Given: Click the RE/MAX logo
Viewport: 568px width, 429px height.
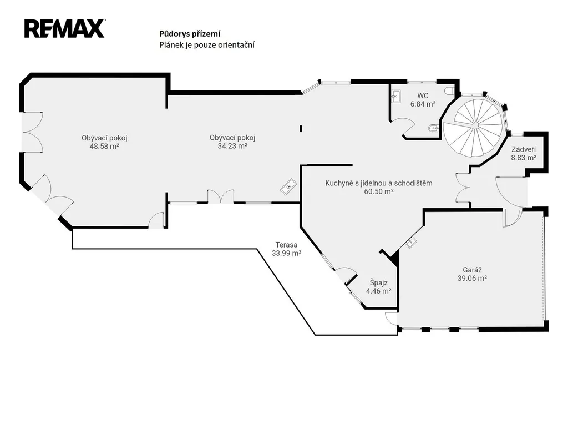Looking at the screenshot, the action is pos(65,29).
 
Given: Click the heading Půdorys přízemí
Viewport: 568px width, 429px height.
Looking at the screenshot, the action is pos(190,34).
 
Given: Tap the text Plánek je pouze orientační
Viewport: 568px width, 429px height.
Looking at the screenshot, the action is pos(207,44).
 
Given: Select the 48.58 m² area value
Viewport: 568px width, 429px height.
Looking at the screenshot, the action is pos(104,147).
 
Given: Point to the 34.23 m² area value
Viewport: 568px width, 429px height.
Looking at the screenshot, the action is pos(232,146).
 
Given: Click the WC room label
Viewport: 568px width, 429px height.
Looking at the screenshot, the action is pos(423,95).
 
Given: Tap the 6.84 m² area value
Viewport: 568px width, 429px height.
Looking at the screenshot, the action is pos(423,104).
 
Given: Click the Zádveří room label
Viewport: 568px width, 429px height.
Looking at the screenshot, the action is pos(524,149).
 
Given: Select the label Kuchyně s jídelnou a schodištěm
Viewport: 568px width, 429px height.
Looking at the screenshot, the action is pos(378,183).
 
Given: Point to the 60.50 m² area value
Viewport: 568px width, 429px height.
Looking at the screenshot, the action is pos(378,191).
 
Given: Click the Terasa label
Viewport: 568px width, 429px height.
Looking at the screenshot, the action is pos(286,245).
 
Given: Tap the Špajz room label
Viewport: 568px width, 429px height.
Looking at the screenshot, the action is pos(378,282).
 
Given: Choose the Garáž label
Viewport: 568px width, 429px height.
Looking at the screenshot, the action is pos(472,270).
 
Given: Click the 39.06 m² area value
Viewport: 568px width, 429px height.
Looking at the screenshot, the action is pos(472,278).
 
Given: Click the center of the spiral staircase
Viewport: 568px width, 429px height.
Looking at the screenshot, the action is pos(474,124).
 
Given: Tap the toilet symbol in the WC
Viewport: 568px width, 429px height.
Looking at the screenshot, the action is pos(449,90).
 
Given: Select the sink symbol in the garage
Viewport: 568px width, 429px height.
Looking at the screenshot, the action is pos(412,243).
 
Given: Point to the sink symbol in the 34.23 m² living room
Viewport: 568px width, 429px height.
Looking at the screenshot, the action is pos(288,186).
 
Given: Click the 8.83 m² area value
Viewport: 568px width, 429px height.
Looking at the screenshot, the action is pos(524,158).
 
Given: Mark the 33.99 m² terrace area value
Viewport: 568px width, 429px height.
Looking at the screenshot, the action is pos(286,253).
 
